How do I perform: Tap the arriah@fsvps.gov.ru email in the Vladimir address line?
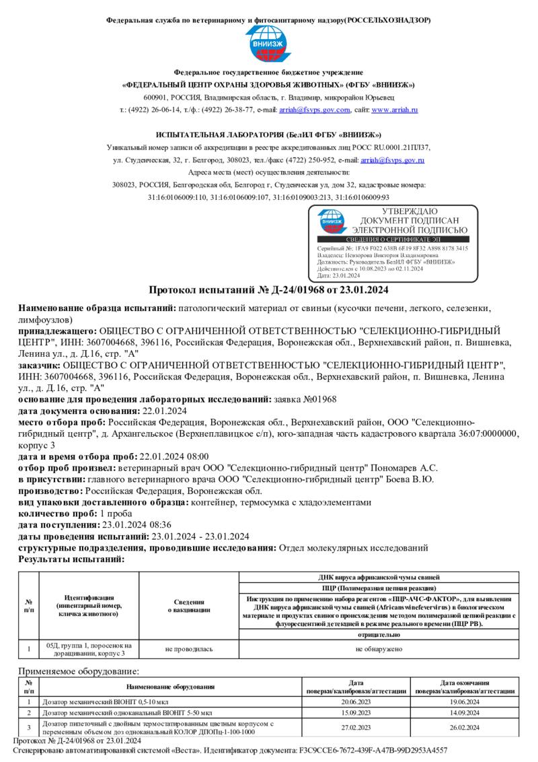pyautogui.click(x=325, y=109)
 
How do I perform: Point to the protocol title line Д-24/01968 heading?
pyautogui.click(x=268, y=290)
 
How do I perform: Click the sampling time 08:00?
pyautogui.click(x=196, y=456)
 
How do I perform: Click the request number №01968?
pyautogui.click(x=316, y=399)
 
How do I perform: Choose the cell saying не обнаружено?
pyautogui.click(x=379, y=649)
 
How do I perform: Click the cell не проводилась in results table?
pyautogui.click(x=189, y=649)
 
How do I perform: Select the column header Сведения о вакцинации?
pyautogui.click(x=189, y=605)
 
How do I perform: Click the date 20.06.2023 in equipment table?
pyautogui.click(x=356, y=701)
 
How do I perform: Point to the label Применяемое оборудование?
pyautogui.click(x=79, y=671)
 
